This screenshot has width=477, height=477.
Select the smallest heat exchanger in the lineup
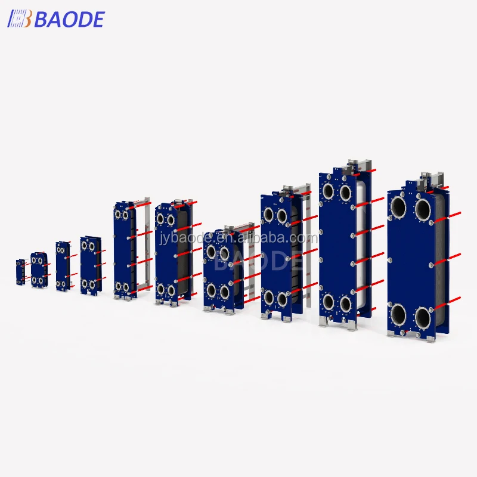point(21,272)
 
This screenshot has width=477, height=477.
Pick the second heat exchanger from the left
point(40,270)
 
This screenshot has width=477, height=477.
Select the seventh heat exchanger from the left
point(222,268)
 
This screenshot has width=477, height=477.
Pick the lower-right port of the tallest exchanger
point(345,304)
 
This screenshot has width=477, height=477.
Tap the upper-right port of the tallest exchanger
point(345,191)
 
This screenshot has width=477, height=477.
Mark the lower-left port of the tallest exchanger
point(328,302)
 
